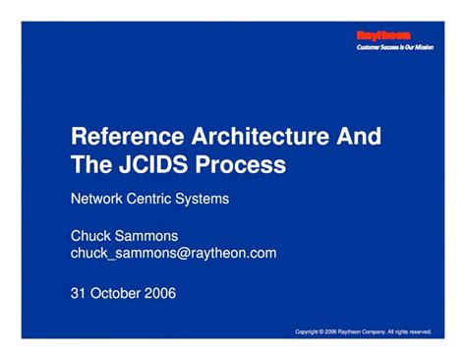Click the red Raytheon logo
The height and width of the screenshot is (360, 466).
[382, 35]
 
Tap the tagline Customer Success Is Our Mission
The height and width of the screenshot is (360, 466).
[392, 47]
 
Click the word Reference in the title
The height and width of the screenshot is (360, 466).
[124, 137]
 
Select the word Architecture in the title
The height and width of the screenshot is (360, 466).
[259, 137]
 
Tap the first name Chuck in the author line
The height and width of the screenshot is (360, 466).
[91, 236]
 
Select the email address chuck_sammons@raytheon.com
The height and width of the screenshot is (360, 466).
[174, 253]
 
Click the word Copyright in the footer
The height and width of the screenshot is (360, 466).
[311, 331]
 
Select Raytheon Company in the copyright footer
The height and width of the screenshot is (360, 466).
[360, 331]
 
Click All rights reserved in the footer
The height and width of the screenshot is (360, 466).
[411, 331]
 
